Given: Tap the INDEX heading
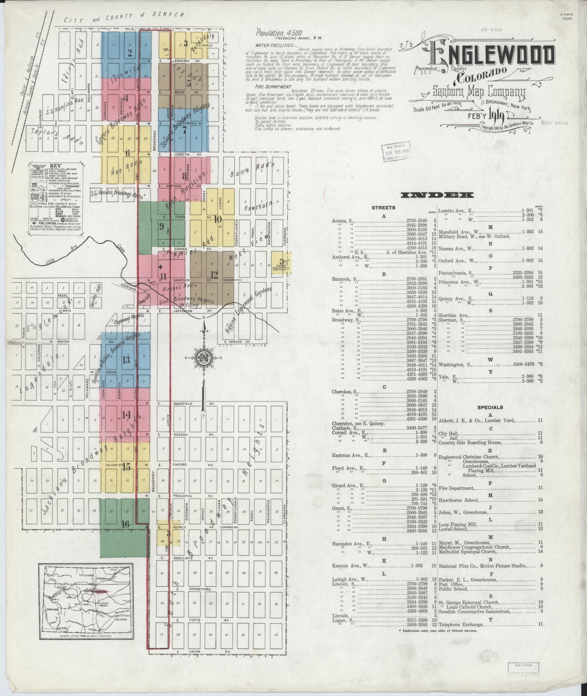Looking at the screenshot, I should [x=437, y=195].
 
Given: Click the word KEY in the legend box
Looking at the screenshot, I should [x=56, y=165].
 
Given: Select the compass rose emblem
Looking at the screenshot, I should [x=202, y=358].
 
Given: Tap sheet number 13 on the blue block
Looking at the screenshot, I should [x=126, y=360].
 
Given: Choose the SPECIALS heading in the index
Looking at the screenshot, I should [x=490, y=407].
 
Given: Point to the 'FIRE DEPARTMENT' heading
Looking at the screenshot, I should [x=273, y=87].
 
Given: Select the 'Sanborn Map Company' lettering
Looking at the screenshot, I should [x=479, y=92].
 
